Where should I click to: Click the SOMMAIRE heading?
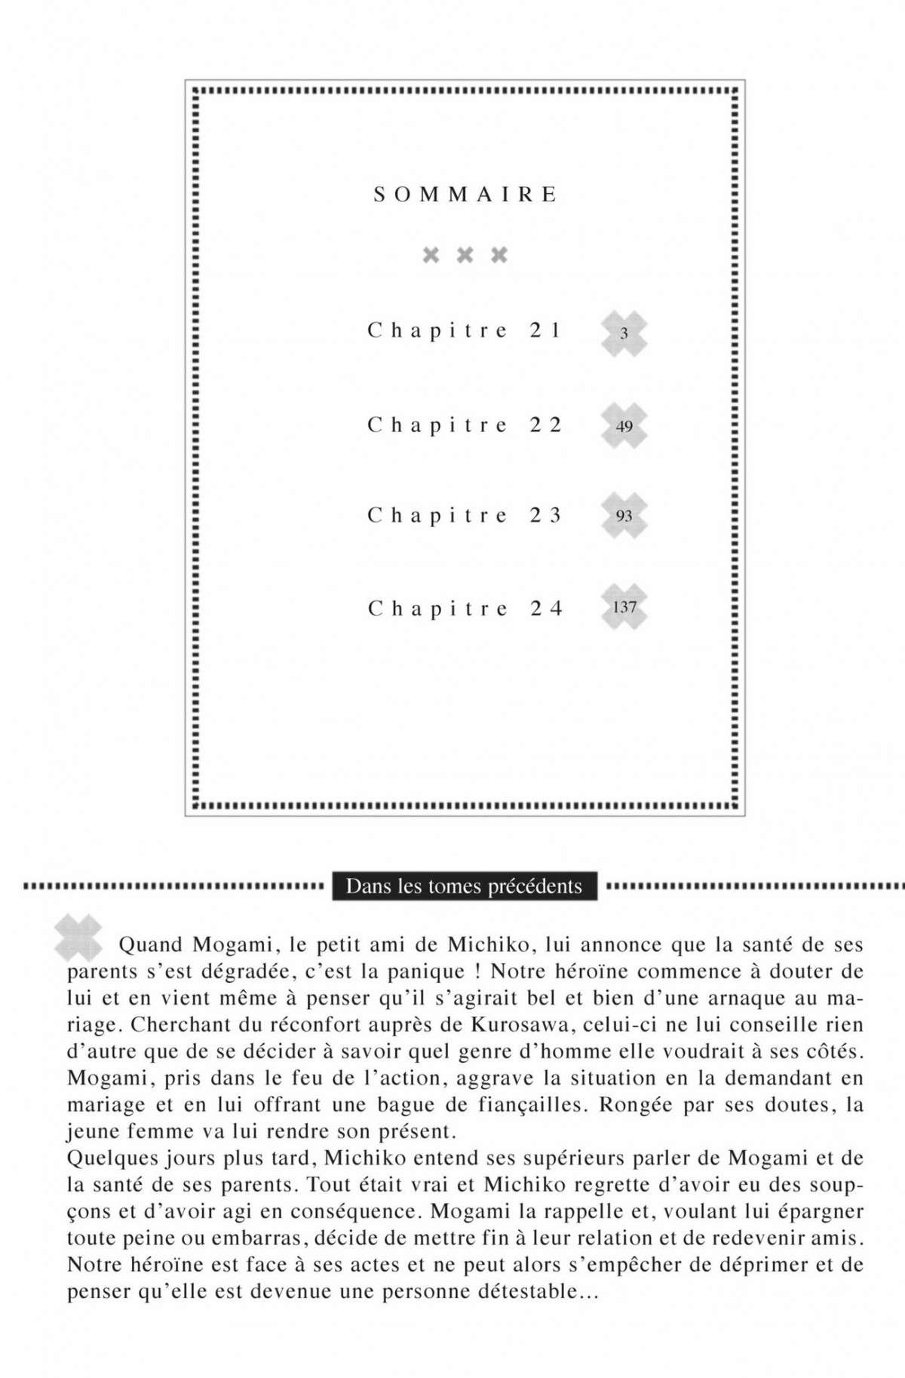coord(465,195)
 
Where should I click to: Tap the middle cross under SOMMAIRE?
coord(465,255)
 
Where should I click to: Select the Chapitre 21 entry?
coord(465,330)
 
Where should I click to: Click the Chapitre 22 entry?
coord(465,425)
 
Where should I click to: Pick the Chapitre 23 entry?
coord(465,516)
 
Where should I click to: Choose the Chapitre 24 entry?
coord(465,609)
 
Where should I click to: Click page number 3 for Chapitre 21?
coord(624,333)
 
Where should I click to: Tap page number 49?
coord(624,427)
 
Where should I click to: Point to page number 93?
coord(624,517)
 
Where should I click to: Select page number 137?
coord(624,607)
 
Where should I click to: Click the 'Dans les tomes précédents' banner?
coord(464,886)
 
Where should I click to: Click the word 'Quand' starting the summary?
coord(151,945)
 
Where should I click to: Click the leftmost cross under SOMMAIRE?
coord(431,255)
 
